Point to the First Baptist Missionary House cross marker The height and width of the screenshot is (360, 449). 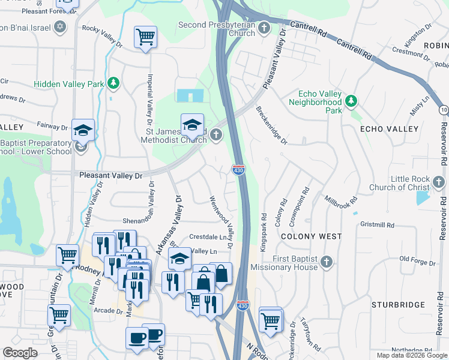326,262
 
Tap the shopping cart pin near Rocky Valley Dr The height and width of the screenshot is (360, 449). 145,37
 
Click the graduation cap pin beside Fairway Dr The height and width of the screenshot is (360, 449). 83,130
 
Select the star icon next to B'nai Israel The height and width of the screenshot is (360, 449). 59,27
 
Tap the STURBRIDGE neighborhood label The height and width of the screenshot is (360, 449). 394,305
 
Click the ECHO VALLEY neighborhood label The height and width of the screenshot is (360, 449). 388,129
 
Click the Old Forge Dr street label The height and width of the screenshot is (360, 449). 417,260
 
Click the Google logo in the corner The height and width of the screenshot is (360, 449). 20,353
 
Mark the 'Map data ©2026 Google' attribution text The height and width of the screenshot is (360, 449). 412,355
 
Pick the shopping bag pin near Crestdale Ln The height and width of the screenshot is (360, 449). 221,274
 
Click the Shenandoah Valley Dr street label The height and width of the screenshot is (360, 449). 127,202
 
